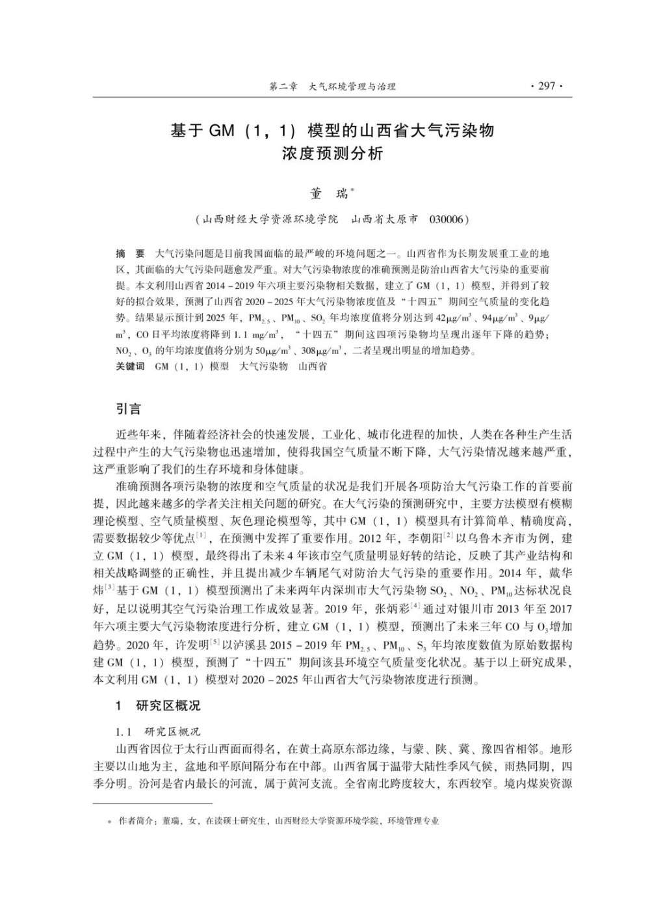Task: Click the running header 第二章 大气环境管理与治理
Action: coord(331,87)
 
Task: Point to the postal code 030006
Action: coord(448,219)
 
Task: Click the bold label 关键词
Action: coord(130,366)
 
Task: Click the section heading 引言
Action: coord(127,409)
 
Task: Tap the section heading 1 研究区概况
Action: coord(158,705)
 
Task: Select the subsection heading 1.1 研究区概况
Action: coord(158,731)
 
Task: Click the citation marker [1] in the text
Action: coord(201,535)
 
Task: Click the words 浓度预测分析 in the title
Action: coord(332,155)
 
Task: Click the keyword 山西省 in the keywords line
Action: coord(312,366)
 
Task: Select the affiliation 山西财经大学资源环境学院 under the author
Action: coord(270,219)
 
